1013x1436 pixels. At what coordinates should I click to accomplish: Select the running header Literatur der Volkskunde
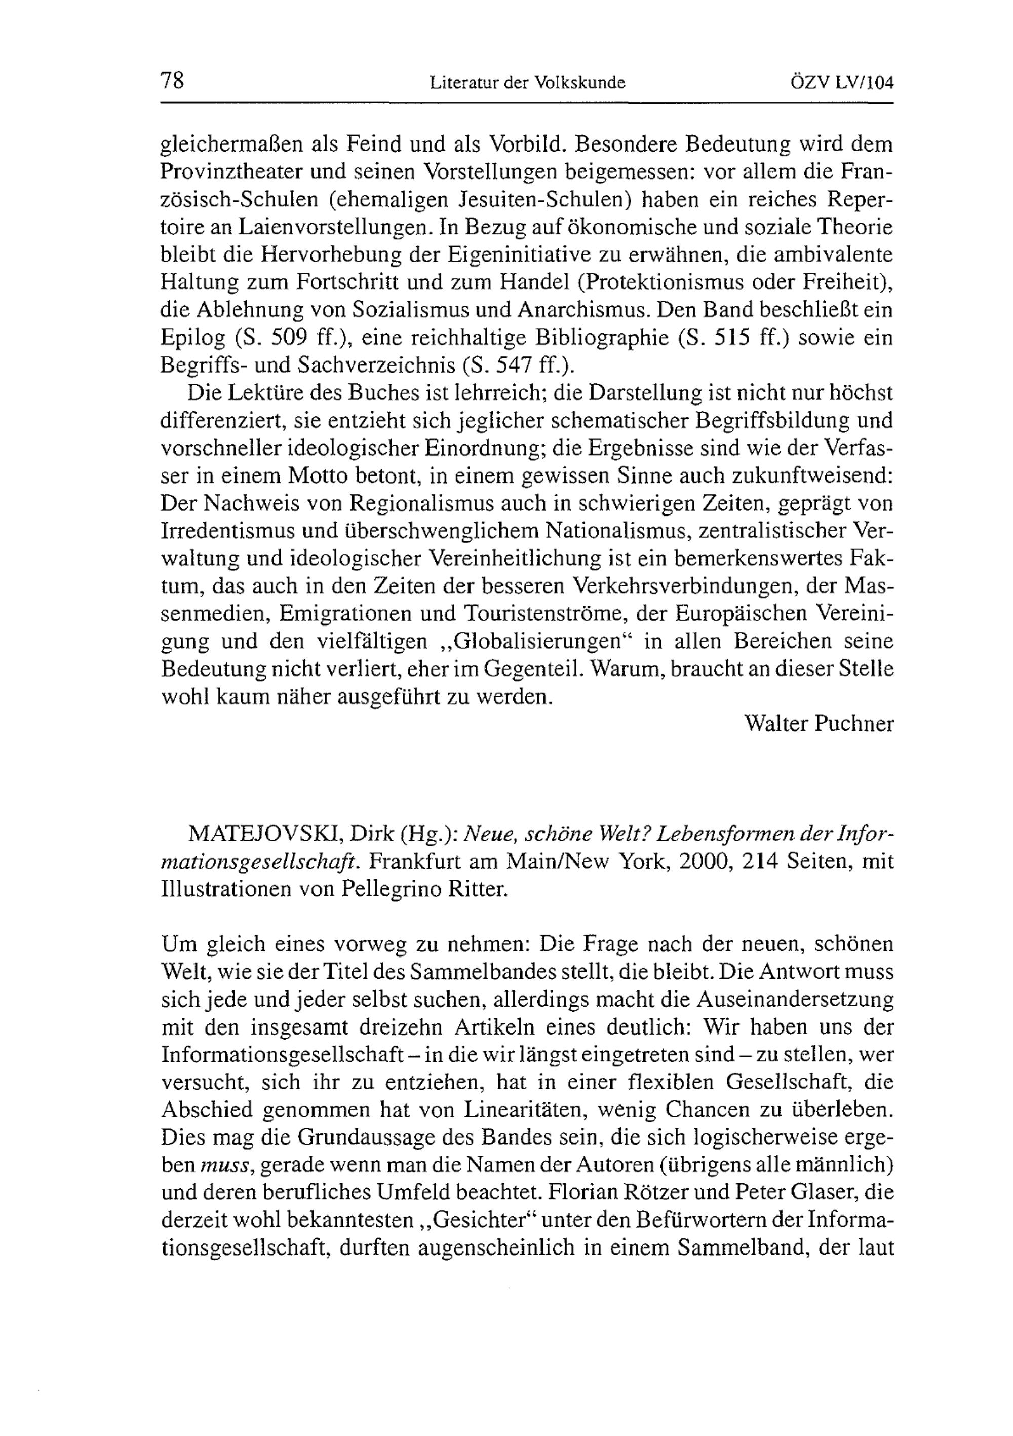(527, 83)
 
